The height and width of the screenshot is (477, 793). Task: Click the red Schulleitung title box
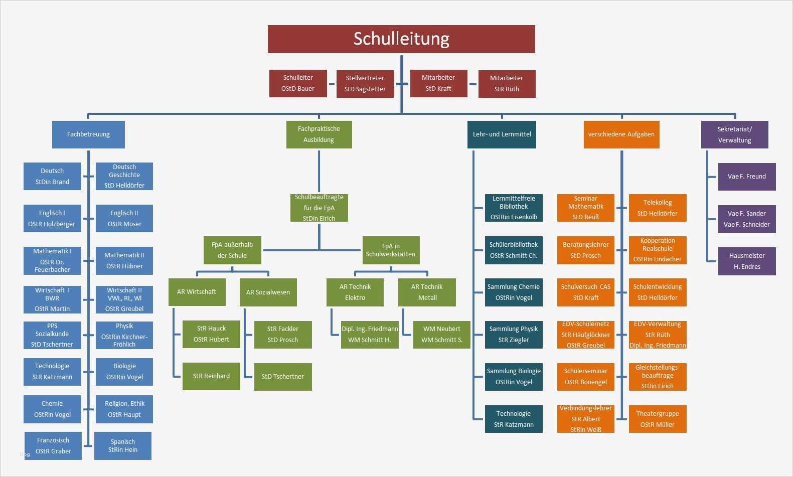tap(401, 39)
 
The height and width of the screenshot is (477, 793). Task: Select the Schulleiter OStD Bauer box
tap(298, 83)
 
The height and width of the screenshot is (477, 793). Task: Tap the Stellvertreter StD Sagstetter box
tap(365, 84)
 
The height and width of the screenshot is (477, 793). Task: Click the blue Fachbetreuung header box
tap(88, 134)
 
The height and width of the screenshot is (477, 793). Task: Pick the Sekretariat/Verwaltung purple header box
tap(734, 134)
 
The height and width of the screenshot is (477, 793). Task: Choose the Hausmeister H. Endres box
tap(747, 261)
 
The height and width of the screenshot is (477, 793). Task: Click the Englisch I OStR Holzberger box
tap(52, 219)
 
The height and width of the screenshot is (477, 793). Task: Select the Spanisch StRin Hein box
tap(123, 446)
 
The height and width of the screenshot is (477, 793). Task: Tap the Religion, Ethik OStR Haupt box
tap(124, 409)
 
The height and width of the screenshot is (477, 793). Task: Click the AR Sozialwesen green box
tap(268, 292)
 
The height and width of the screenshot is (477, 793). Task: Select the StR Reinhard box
tap(211, 376)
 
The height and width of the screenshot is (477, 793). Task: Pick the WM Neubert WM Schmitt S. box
tap(441, 335)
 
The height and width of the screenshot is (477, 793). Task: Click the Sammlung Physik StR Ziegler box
tap(514, 335)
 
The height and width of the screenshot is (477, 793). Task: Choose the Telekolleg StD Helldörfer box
tap(658, 208)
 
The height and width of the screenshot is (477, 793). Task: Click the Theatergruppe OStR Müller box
tap(658, 419)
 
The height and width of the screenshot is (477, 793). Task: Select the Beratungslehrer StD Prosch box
tap(585, 250)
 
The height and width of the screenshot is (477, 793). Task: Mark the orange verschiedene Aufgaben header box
tap(621, 134)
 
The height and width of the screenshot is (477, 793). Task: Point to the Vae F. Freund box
tap(747, 177)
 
